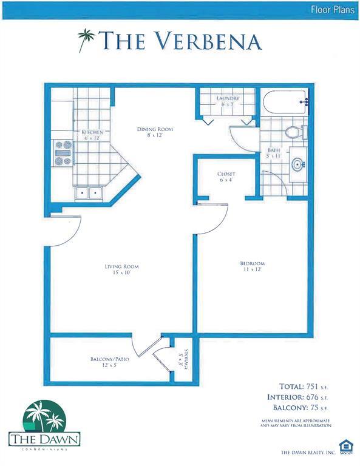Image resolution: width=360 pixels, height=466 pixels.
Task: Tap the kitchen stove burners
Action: [x=64, y=153]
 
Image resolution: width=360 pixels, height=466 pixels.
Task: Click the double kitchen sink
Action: [x=89, y=193]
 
